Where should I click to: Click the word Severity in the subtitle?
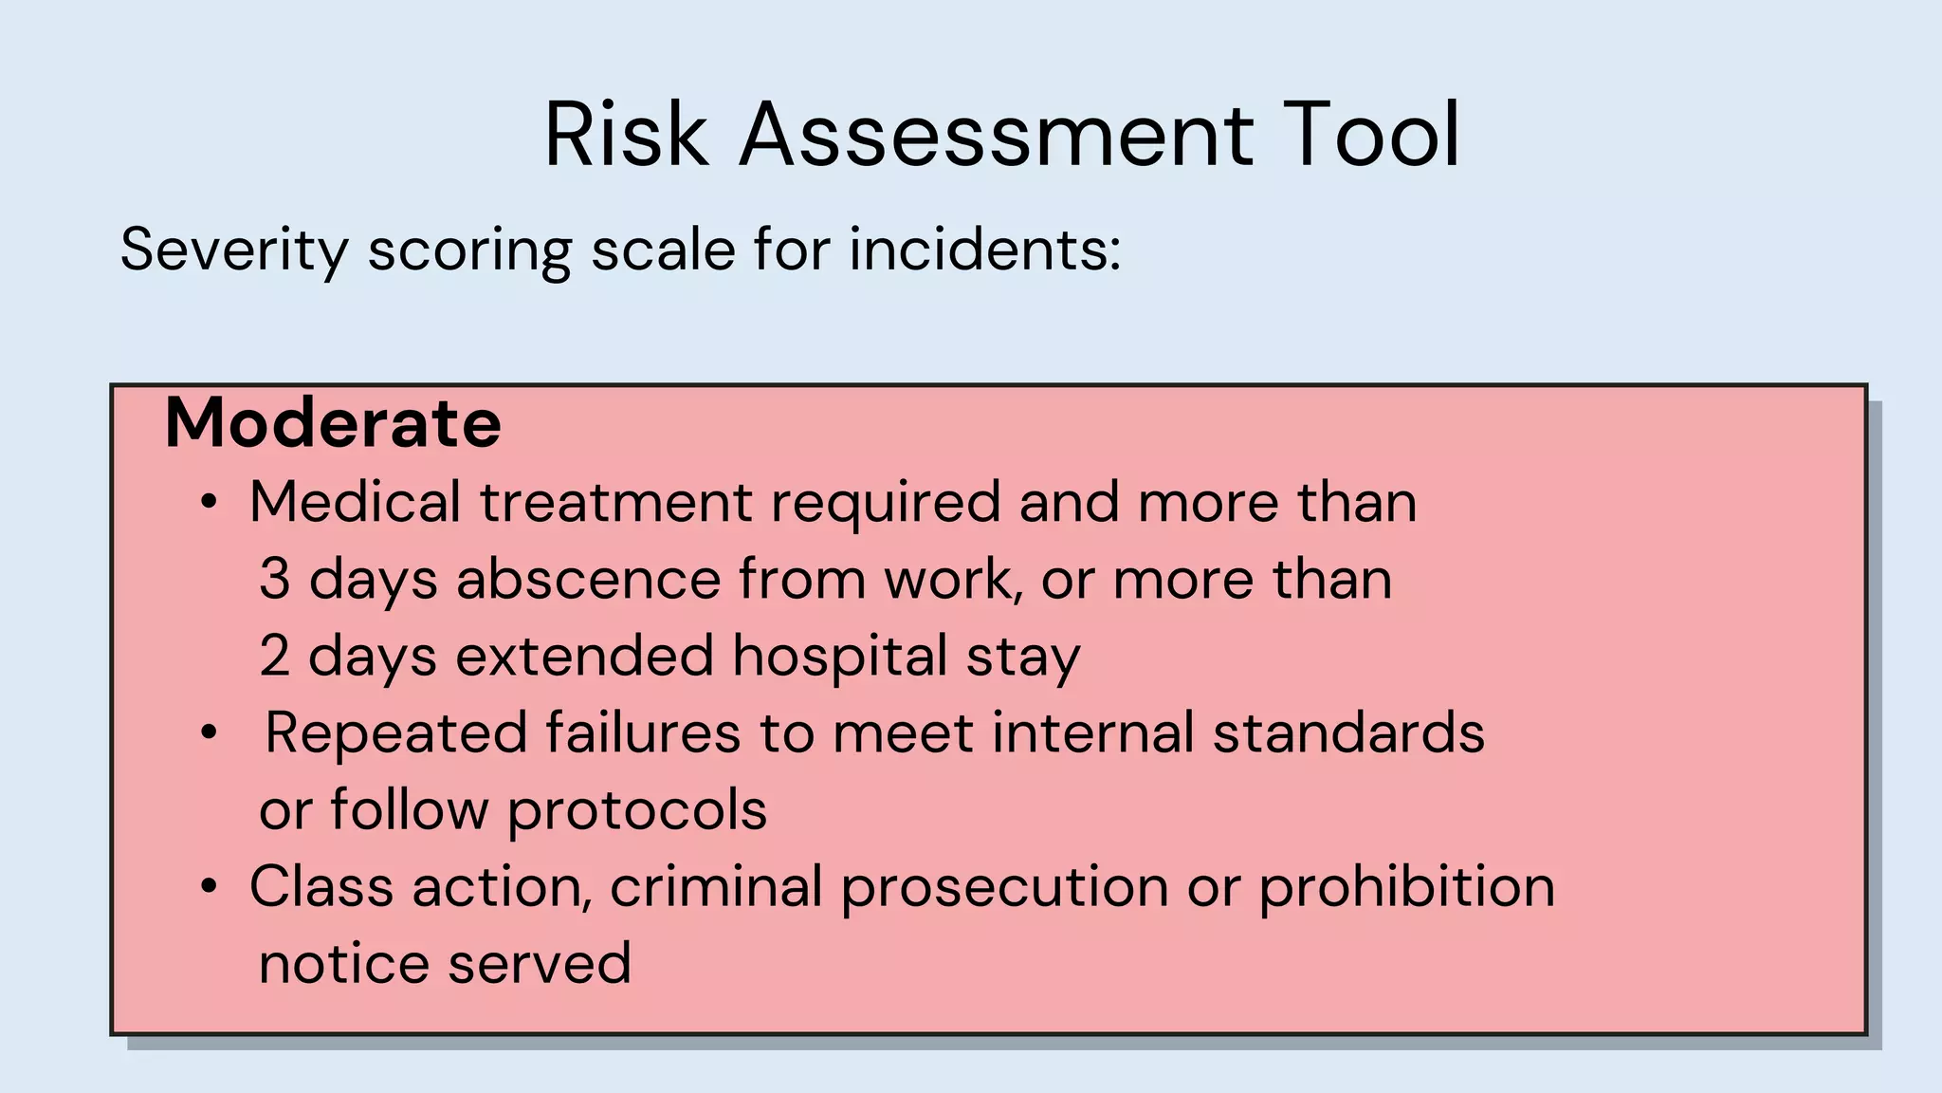tap(234, 251)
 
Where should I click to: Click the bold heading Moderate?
tap(333, 423)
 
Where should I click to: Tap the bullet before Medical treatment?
tap(210, 503)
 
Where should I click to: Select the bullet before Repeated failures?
tap(210, 733)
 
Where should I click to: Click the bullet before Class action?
tap(210, 888)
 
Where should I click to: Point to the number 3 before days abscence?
tap(274, 579)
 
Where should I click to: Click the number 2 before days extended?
tap(274, 656)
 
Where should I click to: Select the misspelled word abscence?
tap(588, 579)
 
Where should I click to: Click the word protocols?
tap(637, 811)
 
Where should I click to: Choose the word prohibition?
tap(1407, 888)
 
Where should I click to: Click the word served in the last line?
tap(539, 964)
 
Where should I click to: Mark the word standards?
tap(1348, 733)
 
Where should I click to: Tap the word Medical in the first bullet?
tap(355, 502)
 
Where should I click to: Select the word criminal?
tap(716, 887)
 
